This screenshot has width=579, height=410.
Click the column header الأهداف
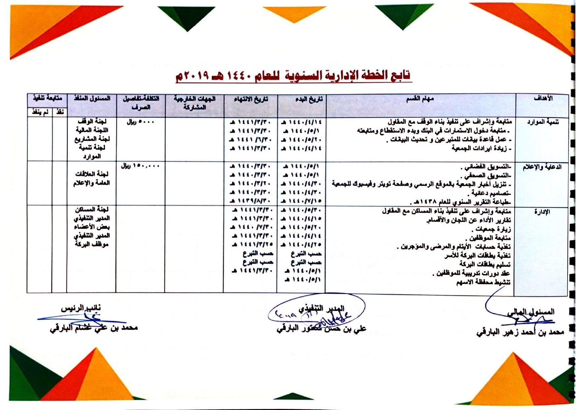point(543,98)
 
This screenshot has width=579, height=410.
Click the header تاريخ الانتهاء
point(251,99)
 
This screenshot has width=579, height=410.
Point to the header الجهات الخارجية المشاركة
point(194,103)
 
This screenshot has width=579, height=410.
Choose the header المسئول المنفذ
point(92,98)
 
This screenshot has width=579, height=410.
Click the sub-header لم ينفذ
point(40,112)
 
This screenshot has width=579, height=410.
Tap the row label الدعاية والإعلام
point(542,167)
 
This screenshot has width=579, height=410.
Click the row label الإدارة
point(542,212)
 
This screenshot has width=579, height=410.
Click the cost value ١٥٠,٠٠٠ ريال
point(140,166)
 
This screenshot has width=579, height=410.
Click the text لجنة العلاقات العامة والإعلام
point(91,178)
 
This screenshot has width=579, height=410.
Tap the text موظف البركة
point(91,244)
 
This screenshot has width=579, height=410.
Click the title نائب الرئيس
point(81,308)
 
